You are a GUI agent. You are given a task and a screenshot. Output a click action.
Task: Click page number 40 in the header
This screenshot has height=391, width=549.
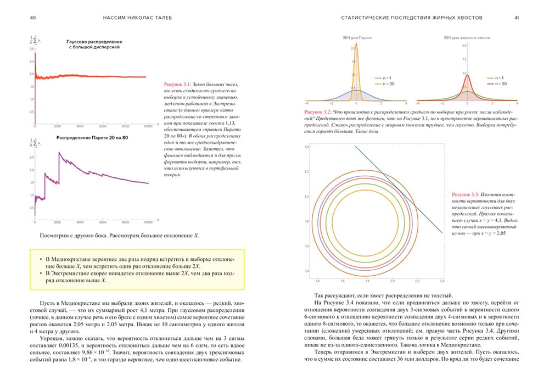click(x=33, y=18)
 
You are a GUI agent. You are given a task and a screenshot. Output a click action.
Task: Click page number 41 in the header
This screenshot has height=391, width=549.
click(x=516, y=18)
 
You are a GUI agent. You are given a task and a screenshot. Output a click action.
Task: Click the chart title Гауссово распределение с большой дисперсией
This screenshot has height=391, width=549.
click(x=94, y=44)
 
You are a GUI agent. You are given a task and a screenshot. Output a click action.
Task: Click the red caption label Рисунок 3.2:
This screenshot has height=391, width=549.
click(x=319, y=111)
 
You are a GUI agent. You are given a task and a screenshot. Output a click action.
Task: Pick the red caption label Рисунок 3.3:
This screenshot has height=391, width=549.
click(x=466, y=194)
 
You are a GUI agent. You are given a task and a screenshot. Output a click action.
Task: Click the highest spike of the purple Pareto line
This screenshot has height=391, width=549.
click(x=59, y=152)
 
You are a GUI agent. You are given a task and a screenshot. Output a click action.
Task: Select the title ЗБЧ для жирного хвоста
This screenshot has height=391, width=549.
click(x=467, y=37)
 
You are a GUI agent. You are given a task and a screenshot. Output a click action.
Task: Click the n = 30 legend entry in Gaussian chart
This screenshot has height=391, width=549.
click(x=383, y=84)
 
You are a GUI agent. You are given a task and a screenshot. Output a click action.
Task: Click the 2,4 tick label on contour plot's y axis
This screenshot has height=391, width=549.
click(x=308, y=147)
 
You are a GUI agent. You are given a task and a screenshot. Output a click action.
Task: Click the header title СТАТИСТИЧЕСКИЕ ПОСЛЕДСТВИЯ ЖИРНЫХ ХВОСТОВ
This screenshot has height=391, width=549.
click(x=412, y=18)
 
